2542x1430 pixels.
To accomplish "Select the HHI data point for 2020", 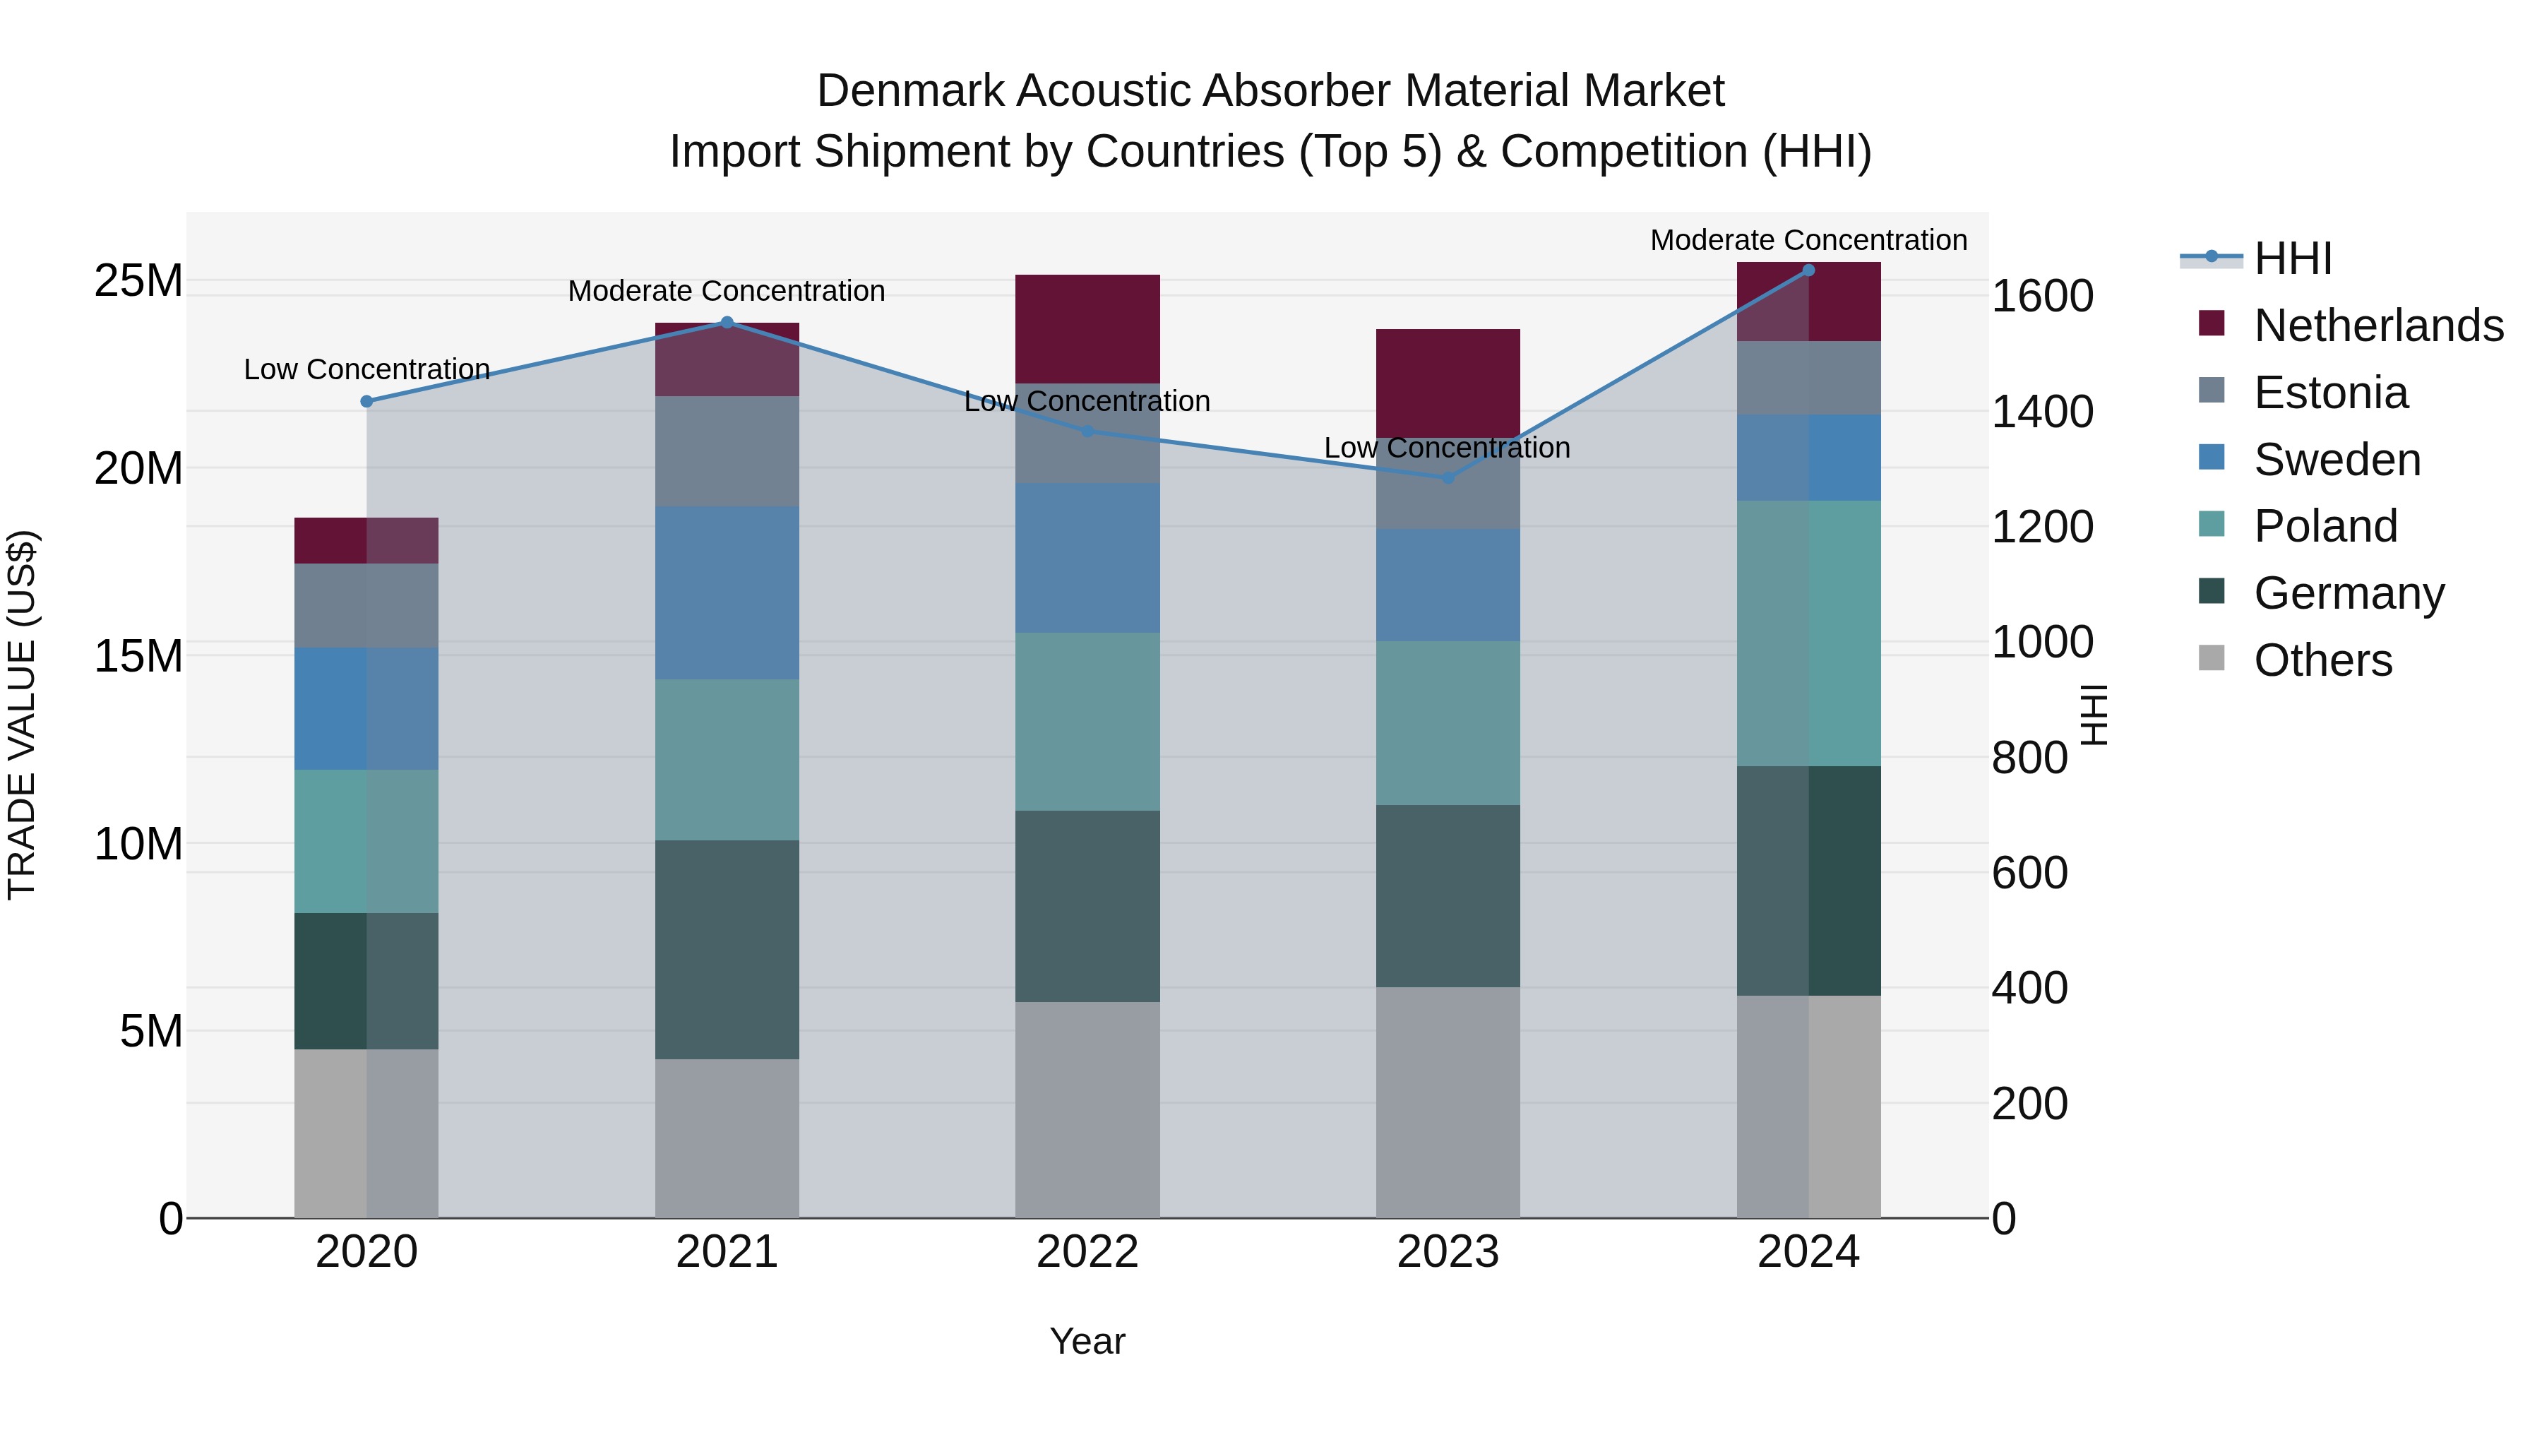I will pos(366,402).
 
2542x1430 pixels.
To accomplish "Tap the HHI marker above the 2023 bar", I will pos(1448,477).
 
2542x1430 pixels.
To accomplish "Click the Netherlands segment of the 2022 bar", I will pos(1087,328).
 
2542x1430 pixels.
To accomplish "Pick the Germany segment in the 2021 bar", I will pos(727,949).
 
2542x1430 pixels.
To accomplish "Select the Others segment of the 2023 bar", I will pos(1448,1102).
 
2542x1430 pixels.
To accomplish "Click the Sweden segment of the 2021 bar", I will pos(727,592).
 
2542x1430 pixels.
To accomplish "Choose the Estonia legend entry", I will pos(2330,393).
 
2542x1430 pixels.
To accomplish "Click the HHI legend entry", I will pos(2292,258).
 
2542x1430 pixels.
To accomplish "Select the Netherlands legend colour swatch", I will pos(2212,323).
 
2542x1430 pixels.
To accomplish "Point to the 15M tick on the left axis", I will pos(138,656).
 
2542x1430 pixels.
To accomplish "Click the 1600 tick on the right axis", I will pos(2041,296).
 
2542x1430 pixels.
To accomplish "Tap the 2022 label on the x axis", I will pos(1087,1252).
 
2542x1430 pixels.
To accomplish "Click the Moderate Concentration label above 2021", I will pos(727,291).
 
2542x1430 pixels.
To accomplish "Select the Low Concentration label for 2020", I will pos(366,369).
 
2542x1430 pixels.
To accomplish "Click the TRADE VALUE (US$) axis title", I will pos(22,715).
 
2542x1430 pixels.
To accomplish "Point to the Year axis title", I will pos(1087,1341).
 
